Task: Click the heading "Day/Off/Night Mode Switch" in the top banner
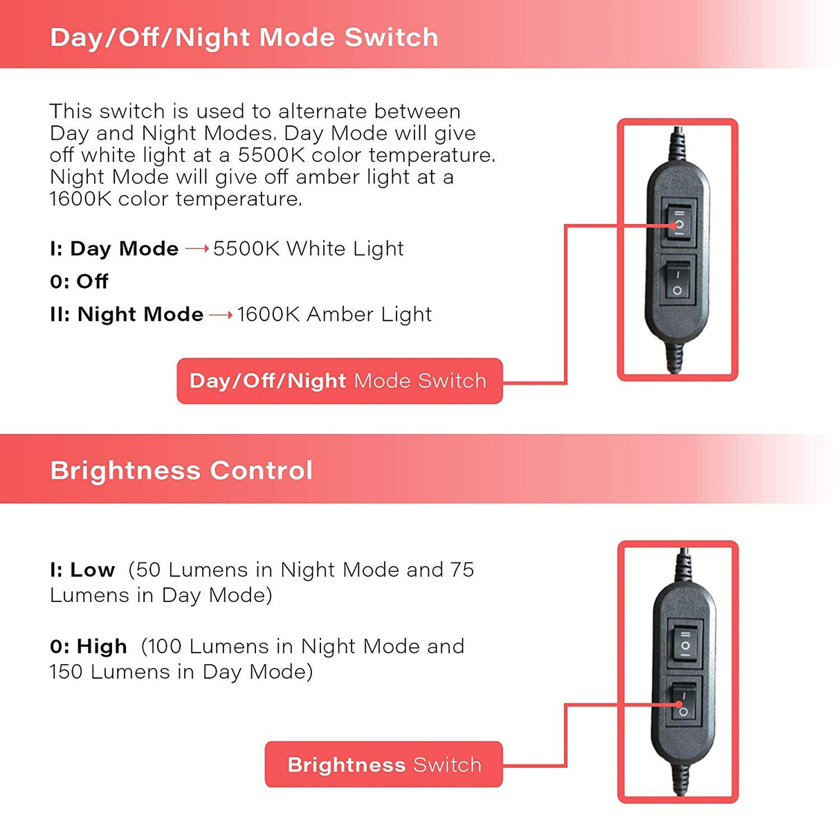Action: coord(244,37)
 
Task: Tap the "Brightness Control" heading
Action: coord(181,471)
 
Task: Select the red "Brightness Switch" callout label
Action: coord(383,765)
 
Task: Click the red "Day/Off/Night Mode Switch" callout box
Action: coord(340,381)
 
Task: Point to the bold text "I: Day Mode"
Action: coord(114,249)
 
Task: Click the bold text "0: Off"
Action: coord(79,282)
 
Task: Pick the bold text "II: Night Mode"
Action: coord(127,314)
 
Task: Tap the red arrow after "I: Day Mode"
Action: coord(197,249)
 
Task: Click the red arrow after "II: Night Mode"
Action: coord(221,315)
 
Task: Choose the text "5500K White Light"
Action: coord(309,249)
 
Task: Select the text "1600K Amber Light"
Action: coord(334,314)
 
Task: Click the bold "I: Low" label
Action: coord(82,570)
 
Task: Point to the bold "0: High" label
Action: coord(89,646)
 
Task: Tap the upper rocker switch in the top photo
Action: coord(679,223)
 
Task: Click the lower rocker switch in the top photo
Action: coord(677,282)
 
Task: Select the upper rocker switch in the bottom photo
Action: coord(685,644)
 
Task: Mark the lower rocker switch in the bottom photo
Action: coord(684,702)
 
